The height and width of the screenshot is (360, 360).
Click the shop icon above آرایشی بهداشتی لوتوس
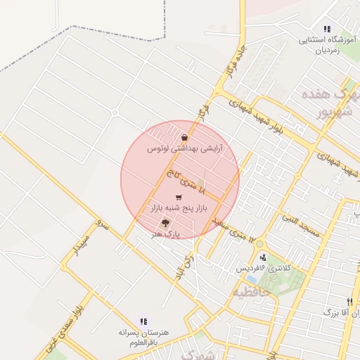tap(184, 138)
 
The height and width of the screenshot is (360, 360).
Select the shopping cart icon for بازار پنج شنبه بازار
tap(178, 198)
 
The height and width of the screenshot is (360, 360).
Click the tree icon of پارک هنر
tap(165, 223)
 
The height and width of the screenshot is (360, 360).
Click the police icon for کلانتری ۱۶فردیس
tap(263, 257)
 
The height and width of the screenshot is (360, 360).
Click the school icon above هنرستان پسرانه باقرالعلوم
tap(144, 321)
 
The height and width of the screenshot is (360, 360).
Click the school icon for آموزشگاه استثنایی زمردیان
tap(327, 29)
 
